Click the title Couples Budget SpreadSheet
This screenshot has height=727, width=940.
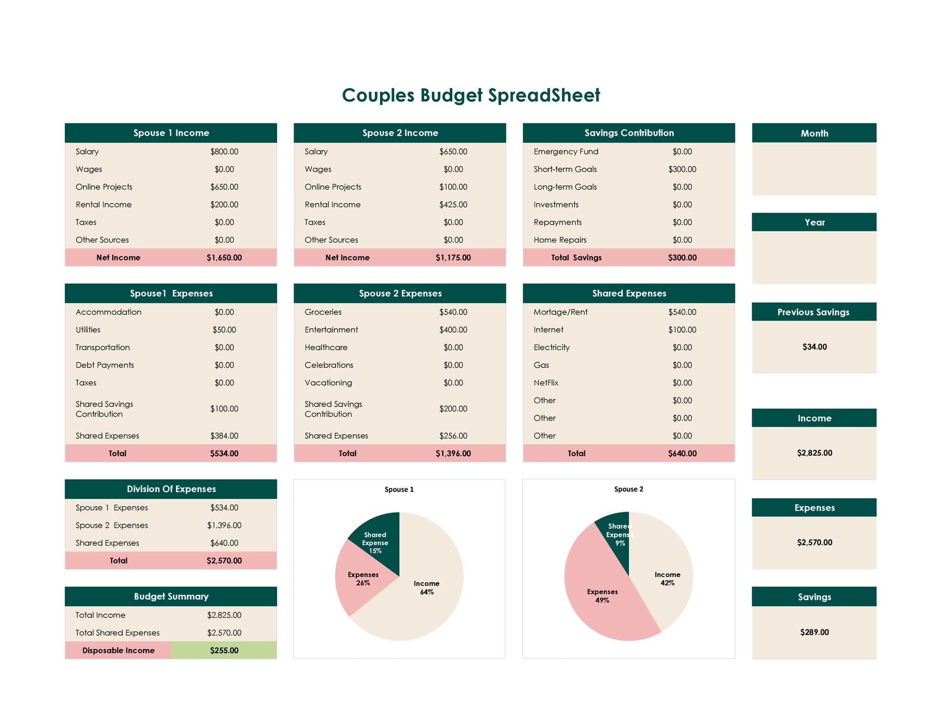coord(471,95)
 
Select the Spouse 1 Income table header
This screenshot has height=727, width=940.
coord(171,133)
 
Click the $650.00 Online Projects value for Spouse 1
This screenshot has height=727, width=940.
coord(224,187)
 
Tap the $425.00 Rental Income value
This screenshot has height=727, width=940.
coord(453,204)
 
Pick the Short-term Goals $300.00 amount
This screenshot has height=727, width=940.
coord(681,169)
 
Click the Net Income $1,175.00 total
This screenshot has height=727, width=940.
coord(453,257)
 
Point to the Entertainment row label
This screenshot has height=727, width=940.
coord(331,329)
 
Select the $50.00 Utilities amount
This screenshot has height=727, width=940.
coord(224,329)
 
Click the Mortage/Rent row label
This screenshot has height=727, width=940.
coord(560,311)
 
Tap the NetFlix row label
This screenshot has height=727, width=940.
coord(546,383)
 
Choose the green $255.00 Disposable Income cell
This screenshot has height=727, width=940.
coord(224,650)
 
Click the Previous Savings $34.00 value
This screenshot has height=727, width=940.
coord(814,347)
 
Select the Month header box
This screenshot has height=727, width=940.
coord(814,133)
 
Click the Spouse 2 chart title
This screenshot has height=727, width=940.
coord(628,489)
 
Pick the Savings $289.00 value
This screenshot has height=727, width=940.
coord(814,632)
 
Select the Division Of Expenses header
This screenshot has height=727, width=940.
coord(171,489)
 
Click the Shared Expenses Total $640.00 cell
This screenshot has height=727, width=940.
coord(681,453)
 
